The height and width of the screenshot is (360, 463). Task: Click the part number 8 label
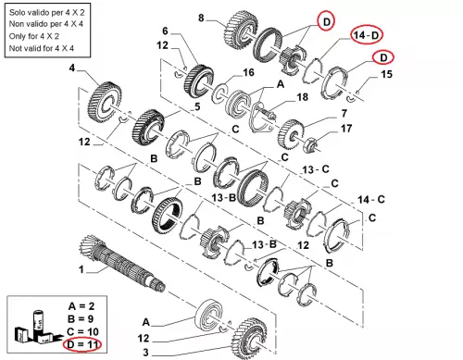point(201,18)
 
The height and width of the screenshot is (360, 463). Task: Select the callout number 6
point(165,31)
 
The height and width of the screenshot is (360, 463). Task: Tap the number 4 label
point(72,68)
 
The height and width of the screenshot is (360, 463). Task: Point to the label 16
point(248,73)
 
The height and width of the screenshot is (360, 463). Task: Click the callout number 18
point(303,97)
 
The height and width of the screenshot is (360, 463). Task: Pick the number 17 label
point(346,129)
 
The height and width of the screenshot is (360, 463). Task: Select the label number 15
point(386,74)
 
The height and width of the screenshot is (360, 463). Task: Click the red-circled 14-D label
point(367,35)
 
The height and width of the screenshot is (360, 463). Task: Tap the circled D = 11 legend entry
point(82,344)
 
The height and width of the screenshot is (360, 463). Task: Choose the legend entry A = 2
point(81,306)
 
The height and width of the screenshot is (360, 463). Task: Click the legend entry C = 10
point(82,331)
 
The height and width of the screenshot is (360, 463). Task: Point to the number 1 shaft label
point(81,269)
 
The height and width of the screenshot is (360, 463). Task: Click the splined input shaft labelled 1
point(122,263)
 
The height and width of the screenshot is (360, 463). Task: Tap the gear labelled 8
point(241,31)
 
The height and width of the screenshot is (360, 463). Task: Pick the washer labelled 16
point(219,93)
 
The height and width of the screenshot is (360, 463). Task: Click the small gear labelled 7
point(291,134)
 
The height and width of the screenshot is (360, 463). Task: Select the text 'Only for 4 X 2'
point(34,36)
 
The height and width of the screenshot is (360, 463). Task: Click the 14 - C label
point(371,200)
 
